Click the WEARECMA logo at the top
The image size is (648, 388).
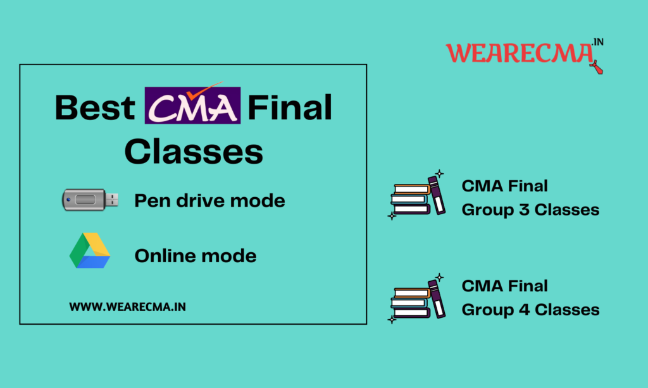click(x=522, y=54)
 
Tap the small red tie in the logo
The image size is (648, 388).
click(x=596, y=66)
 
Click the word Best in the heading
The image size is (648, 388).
click(x=95, y=108)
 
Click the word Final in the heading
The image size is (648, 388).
click(x=290, y=108)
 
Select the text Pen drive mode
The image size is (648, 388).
click(x=209, y=201)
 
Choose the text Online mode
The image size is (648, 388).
click(x=196, y=255)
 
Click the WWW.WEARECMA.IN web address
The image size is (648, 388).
click(x=127, y=306)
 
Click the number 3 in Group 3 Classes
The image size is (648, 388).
click(x=522, y=210)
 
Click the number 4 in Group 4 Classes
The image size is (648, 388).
click(x=522, y=310)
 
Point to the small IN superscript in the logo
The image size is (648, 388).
click(x=597, y=43)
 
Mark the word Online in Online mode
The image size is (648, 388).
click(x=165, y=255)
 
